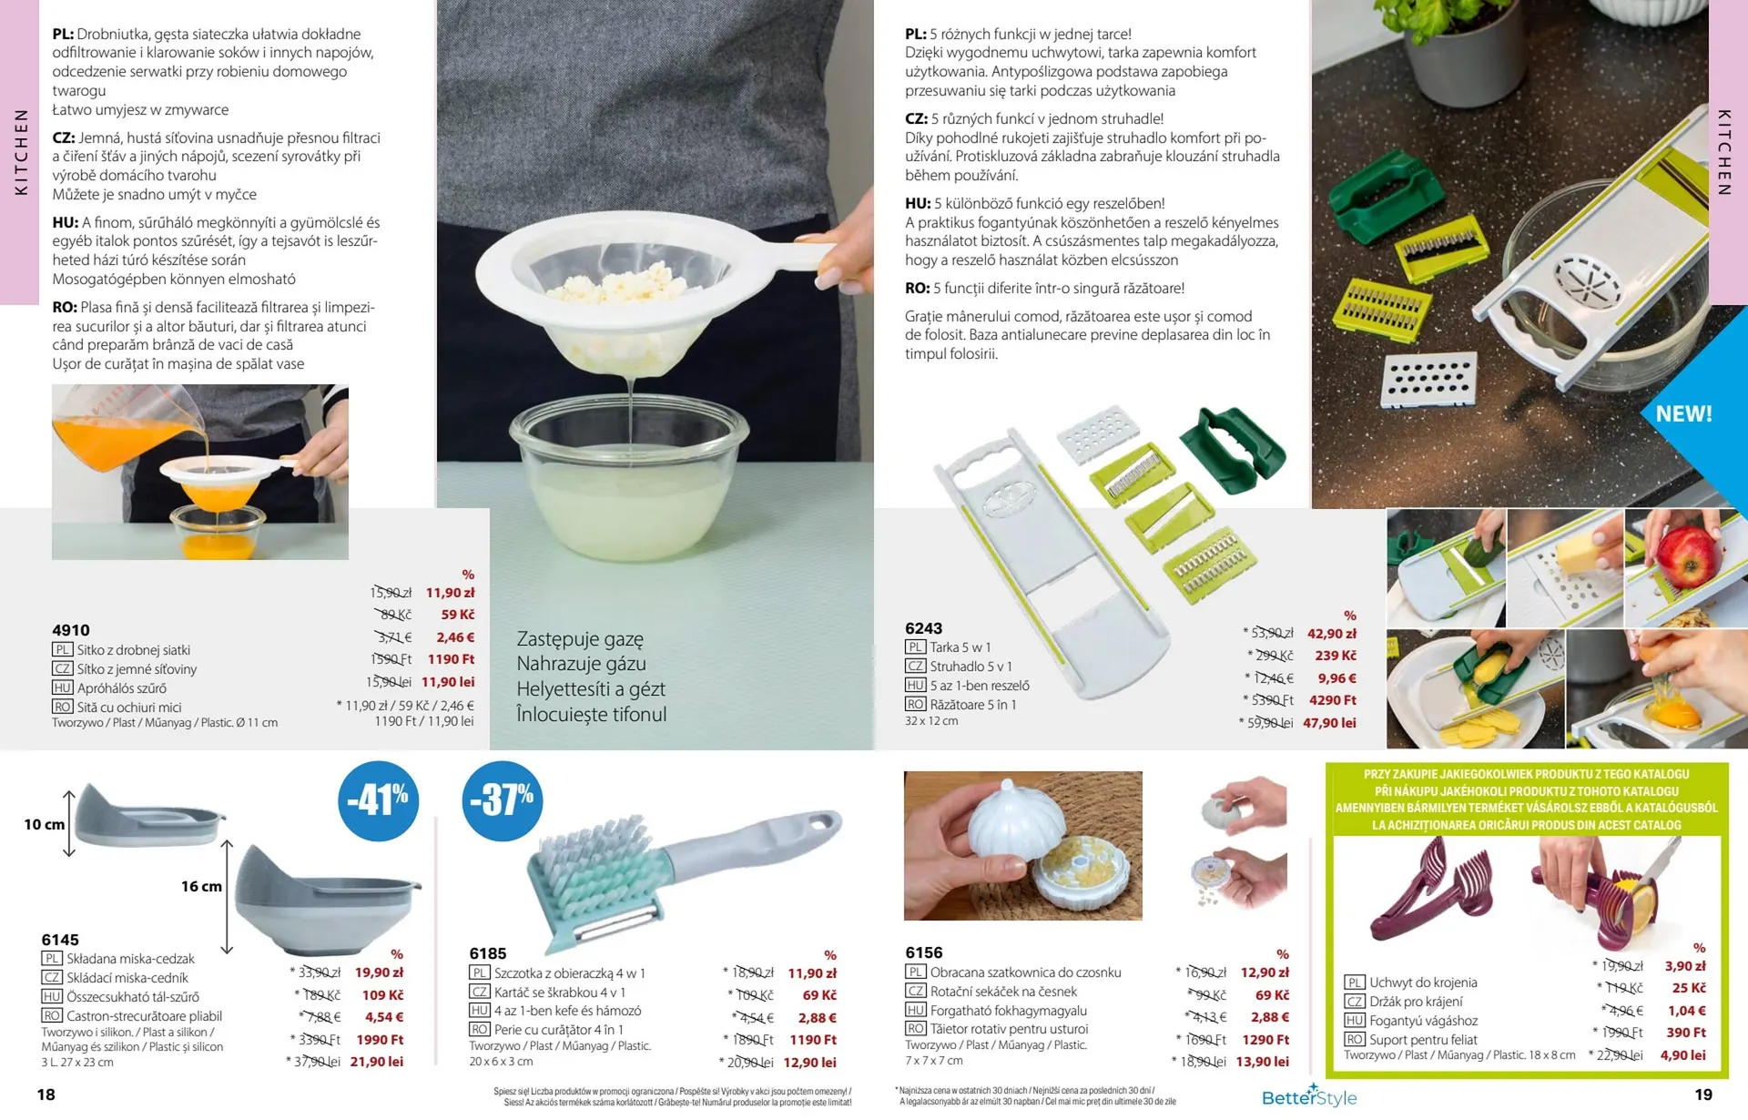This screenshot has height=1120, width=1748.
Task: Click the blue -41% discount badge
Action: point(379,801)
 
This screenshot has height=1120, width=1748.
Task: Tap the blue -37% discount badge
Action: point(503,801)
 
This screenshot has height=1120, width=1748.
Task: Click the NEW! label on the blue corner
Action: point(1683,414)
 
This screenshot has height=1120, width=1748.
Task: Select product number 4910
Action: point(71,630)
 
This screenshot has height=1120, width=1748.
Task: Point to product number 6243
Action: point(923,628)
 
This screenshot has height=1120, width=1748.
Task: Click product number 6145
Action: point(60,940)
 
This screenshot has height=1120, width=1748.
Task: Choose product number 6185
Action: point(488,953)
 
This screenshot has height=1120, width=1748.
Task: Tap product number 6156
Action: point(924,952)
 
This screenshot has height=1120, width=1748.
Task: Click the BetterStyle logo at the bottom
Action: point(1309,1096)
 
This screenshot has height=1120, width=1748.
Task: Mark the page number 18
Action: point(46,1095)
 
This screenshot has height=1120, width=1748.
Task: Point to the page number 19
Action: point(1703,1095)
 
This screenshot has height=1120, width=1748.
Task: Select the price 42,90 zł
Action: point(1332,634)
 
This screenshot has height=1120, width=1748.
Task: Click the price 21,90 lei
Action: point(377,1062)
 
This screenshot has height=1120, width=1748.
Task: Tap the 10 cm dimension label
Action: point(45,825)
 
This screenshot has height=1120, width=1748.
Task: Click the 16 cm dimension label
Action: point(201,887)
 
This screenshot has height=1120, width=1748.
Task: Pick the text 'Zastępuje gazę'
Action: point(580,639)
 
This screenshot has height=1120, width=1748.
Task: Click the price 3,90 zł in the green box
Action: point(1685,966)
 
